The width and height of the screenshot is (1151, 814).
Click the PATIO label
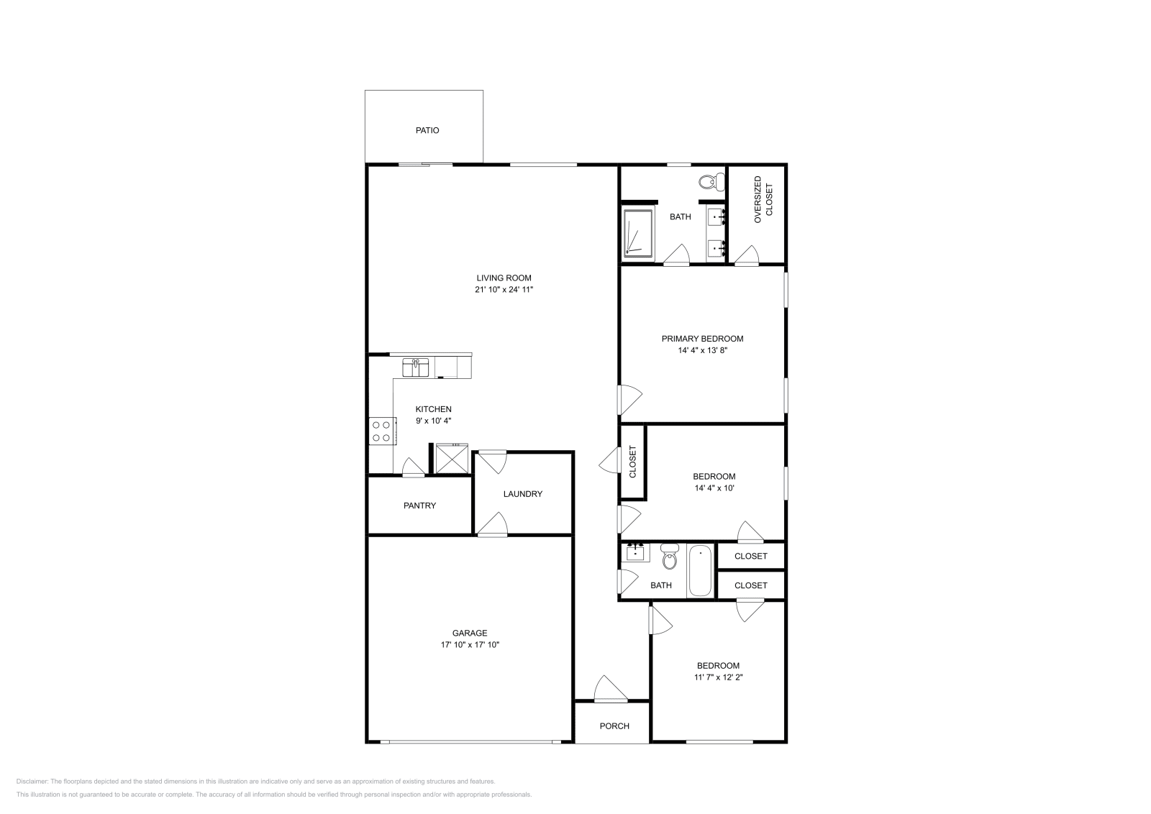[427, 131]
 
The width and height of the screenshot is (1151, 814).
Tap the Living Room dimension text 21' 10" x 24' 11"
[504, 290]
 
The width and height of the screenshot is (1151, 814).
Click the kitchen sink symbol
[415, 367]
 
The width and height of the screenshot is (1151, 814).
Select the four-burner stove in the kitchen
[381, 431]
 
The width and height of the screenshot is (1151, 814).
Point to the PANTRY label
[419, 506]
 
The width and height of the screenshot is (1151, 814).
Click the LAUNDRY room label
[522, 494]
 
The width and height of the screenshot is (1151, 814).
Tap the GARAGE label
[470, 634]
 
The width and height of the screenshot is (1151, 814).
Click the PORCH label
[614, 726]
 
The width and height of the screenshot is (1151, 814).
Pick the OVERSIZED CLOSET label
[763, 199]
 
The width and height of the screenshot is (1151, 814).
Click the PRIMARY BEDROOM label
[702, 339]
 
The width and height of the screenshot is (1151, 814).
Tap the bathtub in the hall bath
[700, 572]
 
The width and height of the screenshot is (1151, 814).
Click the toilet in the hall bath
[670, 557]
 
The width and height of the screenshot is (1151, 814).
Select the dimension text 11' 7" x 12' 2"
[717, 677]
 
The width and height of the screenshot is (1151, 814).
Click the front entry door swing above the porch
[609, 689]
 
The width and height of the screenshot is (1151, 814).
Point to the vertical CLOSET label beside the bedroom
[633, 462]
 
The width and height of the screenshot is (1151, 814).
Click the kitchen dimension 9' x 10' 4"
[433, 421]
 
